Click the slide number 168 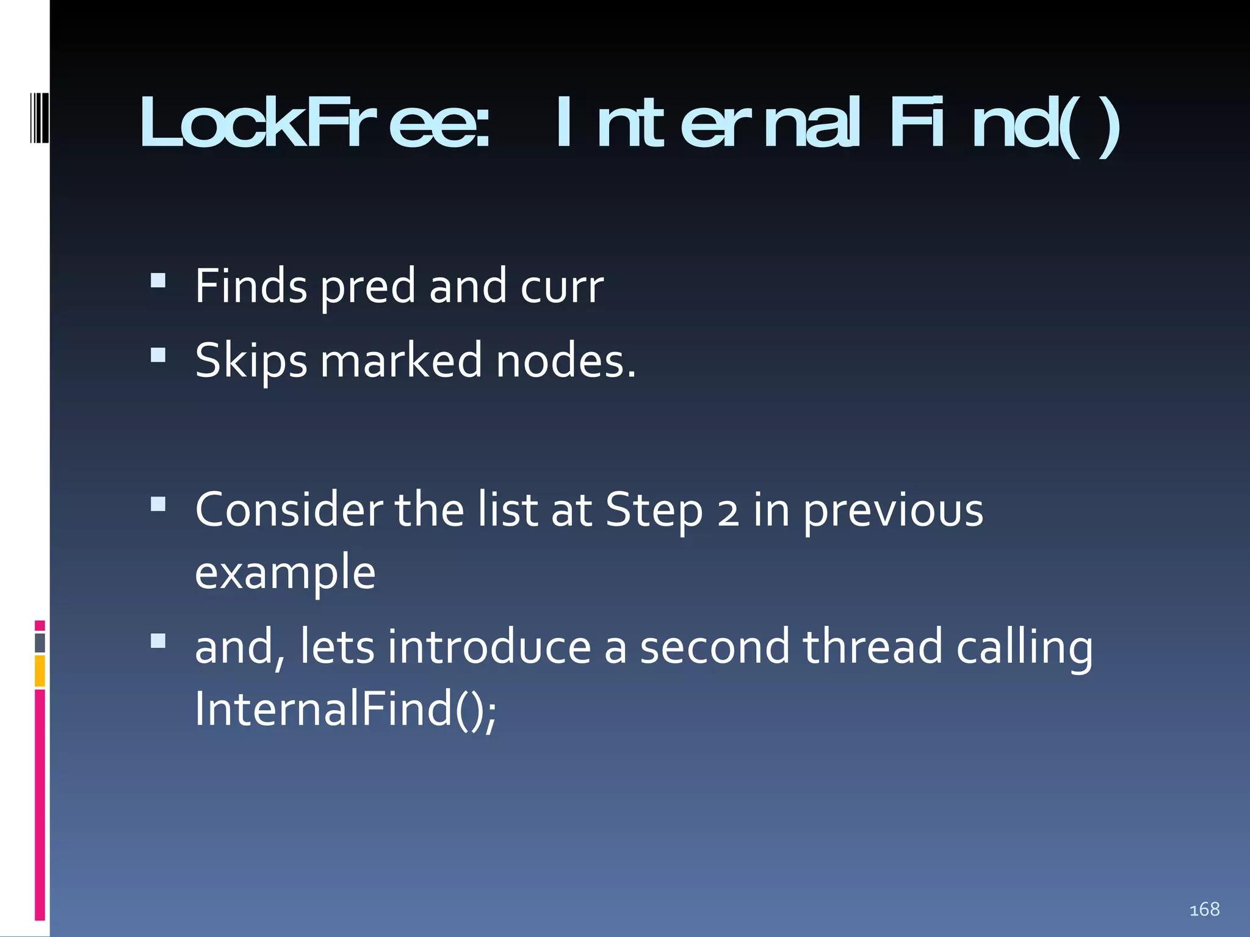pos(1204,910)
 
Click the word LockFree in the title pos(314,123)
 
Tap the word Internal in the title pos(708,123)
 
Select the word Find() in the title pos(1005,124)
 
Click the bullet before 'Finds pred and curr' pos(158,280)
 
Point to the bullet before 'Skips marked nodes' pos(158,355)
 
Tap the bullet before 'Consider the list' pos(158,504)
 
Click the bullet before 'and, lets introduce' pos(158,641)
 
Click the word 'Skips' pos(251,361)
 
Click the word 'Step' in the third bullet pos(654,511)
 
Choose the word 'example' pos(285,573)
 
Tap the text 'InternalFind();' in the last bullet pos(345,709)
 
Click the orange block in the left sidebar pos(40,670)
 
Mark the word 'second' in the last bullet pos(715,647)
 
